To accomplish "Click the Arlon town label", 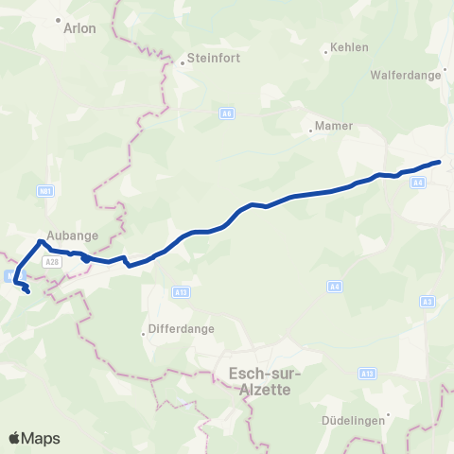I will [79, 28].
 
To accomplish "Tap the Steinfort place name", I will [215, 58].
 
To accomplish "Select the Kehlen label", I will [349, 47].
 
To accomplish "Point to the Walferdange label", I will [407, 73].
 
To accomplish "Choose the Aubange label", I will [67, 238].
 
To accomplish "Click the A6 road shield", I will [227, 113].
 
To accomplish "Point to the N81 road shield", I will [45, 191].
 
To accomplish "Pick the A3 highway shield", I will [428, 302].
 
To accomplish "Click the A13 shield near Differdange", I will [182, 293].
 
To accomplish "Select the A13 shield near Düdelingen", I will [367, 375].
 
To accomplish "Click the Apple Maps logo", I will [34, 438].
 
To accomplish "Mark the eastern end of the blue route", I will [440, 162].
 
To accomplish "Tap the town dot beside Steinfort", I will [183, 64].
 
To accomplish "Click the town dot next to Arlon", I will [59, 19].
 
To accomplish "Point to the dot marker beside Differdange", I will [144, 333].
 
